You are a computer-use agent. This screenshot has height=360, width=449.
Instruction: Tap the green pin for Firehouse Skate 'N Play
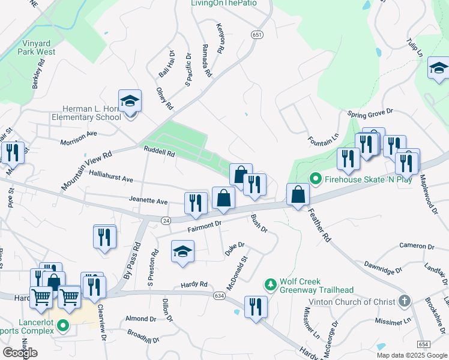click(314, 179)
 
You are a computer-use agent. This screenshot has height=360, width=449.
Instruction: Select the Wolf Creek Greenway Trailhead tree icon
click(271, 283)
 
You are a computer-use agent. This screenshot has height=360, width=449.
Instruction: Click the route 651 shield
click(257, 35)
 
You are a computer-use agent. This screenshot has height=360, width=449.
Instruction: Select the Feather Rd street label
click(319, 225)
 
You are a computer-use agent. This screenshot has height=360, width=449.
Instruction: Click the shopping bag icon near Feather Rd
click(298, 194)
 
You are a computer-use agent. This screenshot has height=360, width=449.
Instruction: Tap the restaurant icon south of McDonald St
click(257, 308)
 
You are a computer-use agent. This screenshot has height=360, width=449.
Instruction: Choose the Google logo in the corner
click(20, 353)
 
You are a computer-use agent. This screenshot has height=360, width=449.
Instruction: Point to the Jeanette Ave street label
click(148, 201)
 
